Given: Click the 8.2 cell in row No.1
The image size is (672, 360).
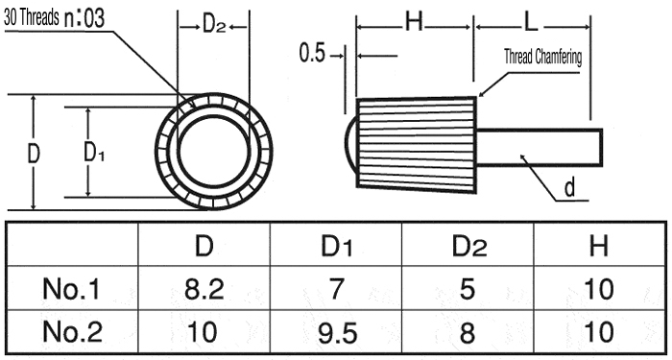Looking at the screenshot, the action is (x=204, y=289).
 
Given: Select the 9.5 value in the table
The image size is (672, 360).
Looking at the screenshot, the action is (x=337, y=332).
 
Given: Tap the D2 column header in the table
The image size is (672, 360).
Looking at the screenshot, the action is (x=469, y=246).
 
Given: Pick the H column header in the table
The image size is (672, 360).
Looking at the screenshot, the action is (x=599, y=246).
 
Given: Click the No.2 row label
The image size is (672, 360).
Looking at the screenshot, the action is (x=72, y=332).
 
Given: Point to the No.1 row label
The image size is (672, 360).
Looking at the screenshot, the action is (x=71, y=289).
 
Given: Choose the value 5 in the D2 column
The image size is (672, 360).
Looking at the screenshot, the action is (x=468, y=289).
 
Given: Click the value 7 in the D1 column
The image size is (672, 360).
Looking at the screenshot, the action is (x=337, y=289).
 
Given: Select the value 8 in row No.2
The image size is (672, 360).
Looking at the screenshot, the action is (x=468, y=332).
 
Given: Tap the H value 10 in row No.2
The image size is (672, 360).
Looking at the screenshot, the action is (x=599, y=332).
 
